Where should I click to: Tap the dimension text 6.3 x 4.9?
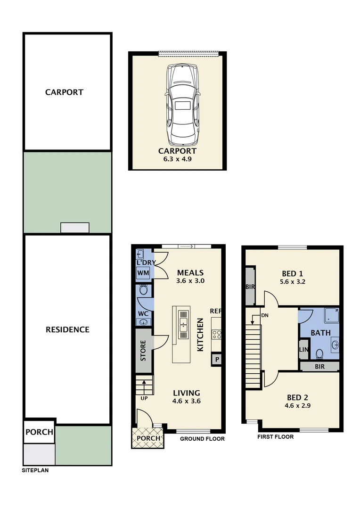tap(177, 159)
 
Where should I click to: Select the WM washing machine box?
tap(143, 273)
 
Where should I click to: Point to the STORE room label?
tap(143, 350)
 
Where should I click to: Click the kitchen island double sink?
tap(183, 324)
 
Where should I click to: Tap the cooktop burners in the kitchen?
tap(217, 334)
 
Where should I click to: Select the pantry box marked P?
tap(217, 359)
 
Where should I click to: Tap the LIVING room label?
tap(186, 393)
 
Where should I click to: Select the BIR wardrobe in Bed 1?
tap(249, 287)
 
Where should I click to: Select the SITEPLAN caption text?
tap(35, 470)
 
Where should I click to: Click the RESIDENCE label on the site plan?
tap(67, 329)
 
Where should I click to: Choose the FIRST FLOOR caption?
tap(275, 437)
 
